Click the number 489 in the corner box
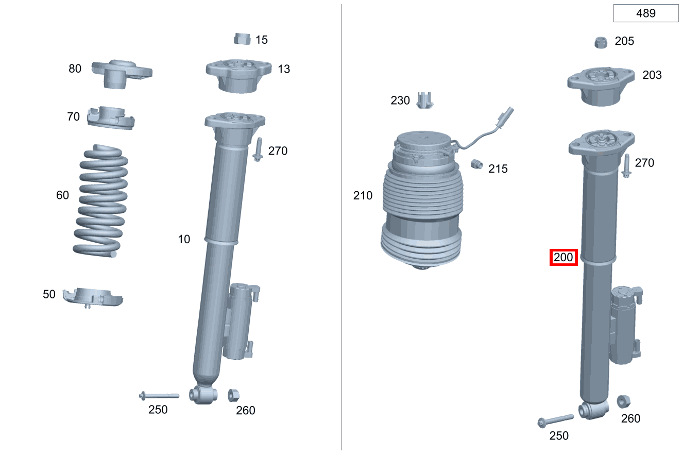click(645, 13)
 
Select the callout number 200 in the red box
click(563, 257)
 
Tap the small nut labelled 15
click(242, 39)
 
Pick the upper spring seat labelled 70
click(111, 118)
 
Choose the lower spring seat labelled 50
click(93, 297)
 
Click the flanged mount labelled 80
click(122, 74)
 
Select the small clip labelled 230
click(425, 100)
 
